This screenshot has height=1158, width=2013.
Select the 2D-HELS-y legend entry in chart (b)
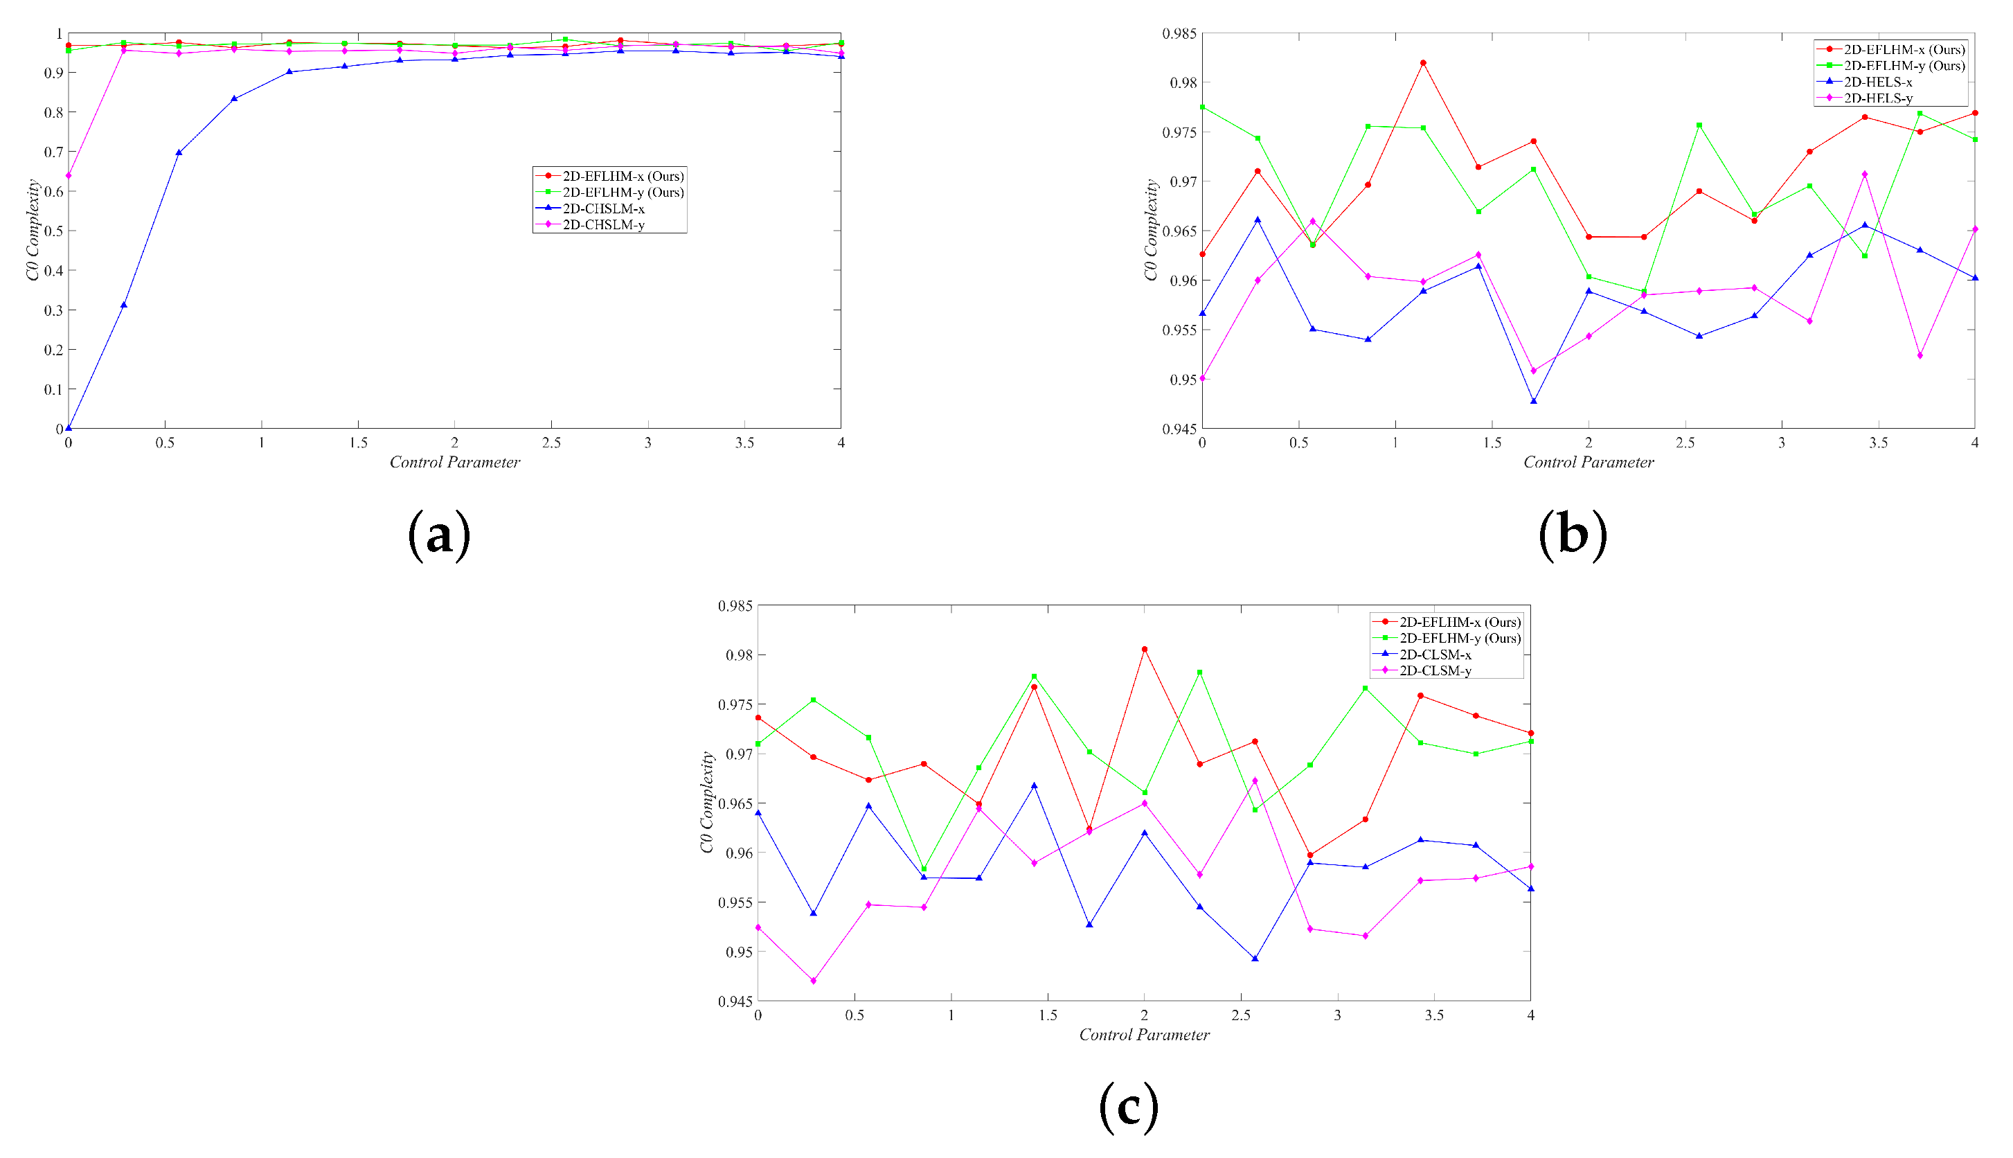(x=1878, y=98)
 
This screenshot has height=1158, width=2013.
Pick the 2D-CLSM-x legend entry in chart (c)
(x=1435, y=654)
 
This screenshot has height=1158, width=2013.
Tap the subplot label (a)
(x=439, y=535)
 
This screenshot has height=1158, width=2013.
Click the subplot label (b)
(x=1573, y=535)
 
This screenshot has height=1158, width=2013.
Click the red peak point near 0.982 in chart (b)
(x=1423, y=63)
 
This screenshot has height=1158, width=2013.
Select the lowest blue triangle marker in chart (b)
(x=1534, y=402)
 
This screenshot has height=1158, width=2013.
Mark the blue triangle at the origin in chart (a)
(x=69, y=428)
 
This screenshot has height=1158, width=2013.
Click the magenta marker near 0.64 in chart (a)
(x=69, y=175)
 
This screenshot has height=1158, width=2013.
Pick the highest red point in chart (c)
(x=1145, y=649)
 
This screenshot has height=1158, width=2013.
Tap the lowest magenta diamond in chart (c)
(x=814, y=981)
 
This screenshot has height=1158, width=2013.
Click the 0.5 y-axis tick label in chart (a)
(x=53, y=231)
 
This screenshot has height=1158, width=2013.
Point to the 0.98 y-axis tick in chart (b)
(x=1183, y=82)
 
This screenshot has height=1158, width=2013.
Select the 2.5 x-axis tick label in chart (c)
(x=1240, y=1015)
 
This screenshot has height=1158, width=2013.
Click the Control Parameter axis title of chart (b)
(x=1589, y=462)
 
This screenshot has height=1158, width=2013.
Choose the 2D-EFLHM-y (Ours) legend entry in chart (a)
(x=623, y=193)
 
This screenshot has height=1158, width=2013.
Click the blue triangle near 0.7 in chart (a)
(x=179, y=152)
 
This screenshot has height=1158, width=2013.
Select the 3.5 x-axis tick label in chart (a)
(x=744, y=443)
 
